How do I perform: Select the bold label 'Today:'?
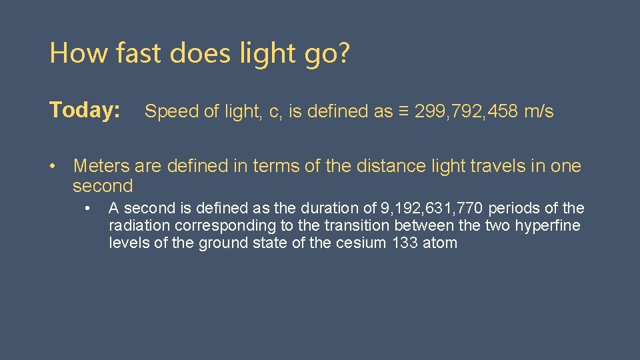(85, 110)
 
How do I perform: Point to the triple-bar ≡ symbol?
(403, 112)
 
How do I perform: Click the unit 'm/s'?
(539, 112)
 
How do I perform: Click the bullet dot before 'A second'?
(87, 209)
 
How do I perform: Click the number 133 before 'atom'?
(405, 243)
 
